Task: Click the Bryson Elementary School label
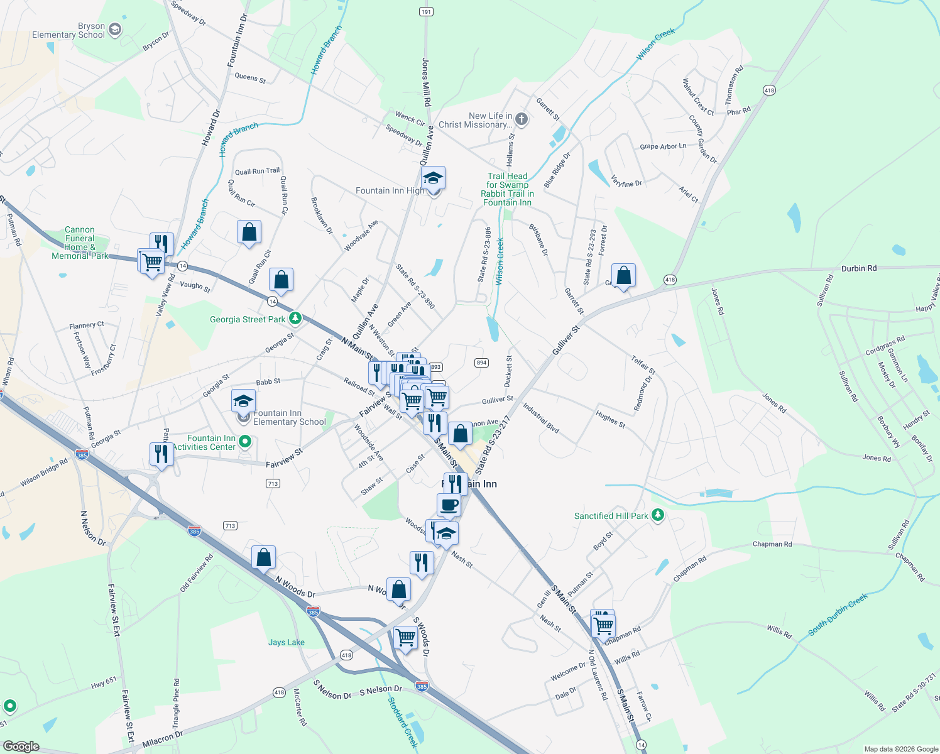point(68,31)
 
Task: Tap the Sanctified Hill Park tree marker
point(658,515)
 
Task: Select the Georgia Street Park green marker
point(295,319)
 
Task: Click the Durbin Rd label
point(858,268)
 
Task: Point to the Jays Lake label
point(286,642)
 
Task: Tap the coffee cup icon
point(449,505)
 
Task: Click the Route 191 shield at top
point(426,12)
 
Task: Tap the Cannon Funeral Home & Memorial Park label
point(80,243)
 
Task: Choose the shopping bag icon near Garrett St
point(623,275)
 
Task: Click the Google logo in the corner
point(21,746)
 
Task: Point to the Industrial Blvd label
point(540,418)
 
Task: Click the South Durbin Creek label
point(837,614)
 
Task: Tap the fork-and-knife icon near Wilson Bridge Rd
point(161,454)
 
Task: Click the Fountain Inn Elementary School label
point(289,417)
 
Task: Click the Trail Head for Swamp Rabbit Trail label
point(507,189)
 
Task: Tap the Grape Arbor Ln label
point(663,146)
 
